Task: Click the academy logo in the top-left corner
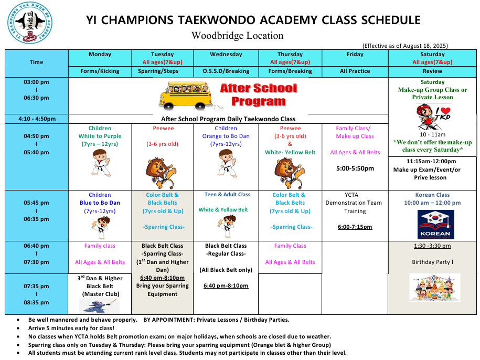tap(30, 23)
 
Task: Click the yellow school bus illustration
tap(185, 96)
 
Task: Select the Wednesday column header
tap(226, 54)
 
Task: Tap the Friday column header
tap(355, 54)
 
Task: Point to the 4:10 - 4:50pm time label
tap(37, 119)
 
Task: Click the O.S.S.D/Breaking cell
tap(226, 71)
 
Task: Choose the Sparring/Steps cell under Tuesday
tap(162, 71)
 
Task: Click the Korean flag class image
tap(435, 224)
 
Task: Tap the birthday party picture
tap(434, 287)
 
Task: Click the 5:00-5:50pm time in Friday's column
tap(355, 168)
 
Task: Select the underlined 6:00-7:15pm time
tap(355, 227)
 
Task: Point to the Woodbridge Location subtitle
tap(237, 36)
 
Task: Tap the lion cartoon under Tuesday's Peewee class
tap(162, 173)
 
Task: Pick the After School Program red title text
tap(258, 94)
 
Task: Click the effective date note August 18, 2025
tap(405, 46)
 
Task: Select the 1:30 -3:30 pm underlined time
tap(432, 246)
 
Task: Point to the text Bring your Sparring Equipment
tap(162, 290)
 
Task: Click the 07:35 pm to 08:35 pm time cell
tap(37, 294)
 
